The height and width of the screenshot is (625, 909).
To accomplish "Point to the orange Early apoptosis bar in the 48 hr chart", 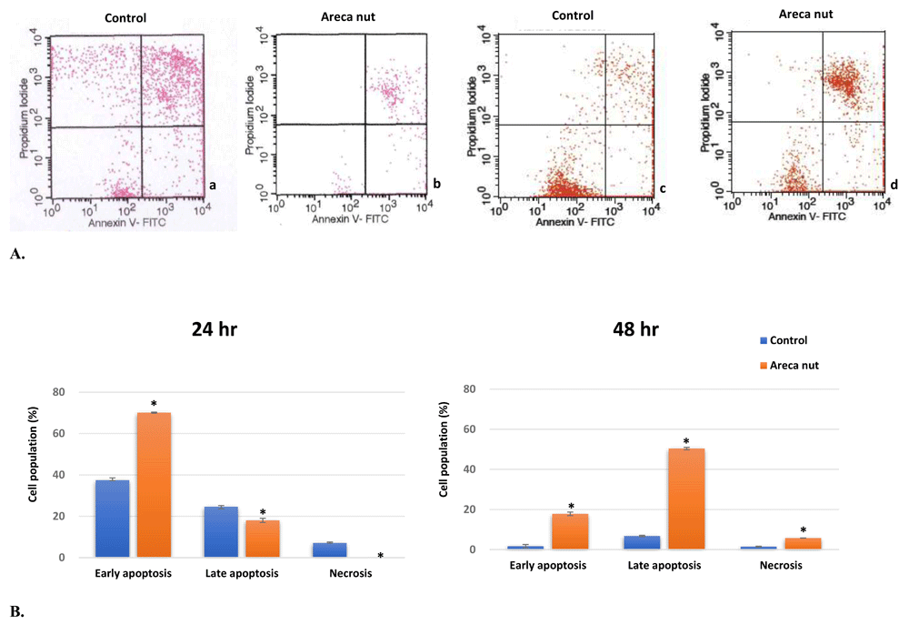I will click(570, 531).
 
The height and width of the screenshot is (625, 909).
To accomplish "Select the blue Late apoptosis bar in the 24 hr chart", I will click(221, 531).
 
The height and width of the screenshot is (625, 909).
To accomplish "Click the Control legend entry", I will click(787, 340).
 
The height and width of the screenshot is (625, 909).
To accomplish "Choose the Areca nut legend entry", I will click(791, 365).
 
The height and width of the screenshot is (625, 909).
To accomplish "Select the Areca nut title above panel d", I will click(804, 14).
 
